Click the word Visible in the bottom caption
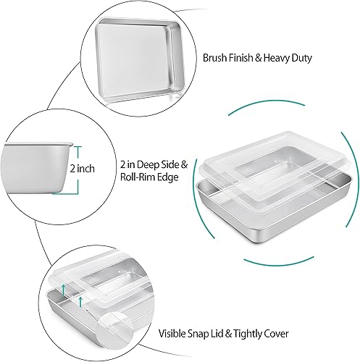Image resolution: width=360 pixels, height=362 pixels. pos(174,334)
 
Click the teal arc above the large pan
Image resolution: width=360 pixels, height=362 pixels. pos(282,104)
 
